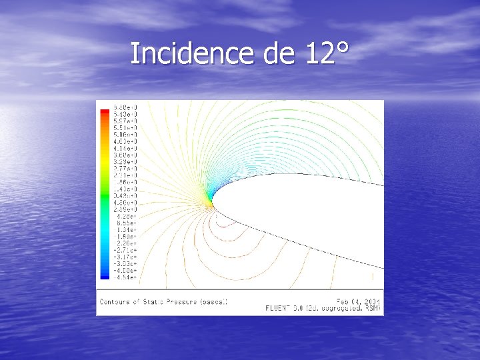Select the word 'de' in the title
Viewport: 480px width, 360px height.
(279, 53)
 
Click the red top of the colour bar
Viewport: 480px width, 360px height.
(104, 111)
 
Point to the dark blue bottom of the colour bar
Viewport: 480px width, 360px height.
(104, 275)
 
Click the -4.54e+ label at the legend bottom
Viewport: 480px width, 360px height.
(125, 277)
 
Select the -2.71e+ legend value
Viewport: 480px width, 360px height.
(125, 250)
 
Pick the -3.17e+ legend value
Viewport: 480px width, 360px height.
(125, 257)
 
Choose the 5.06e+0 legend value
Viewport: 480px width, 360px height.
(125, 135)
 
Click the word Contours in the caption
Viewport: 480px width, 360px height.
(115, 302)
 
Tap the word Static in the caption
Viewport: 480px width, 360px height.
(153, 302)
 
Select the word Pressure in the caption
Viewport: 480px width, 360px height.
(183, 302)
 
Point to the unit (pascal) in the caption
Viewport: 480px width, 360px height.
(215, 302)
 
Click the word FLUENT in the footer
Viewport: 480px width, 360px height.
(278, 308)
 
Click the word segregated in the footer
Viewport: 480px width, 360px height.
(344, 308)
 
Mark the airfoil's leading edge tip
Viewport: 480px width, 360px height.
(212, 202)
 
